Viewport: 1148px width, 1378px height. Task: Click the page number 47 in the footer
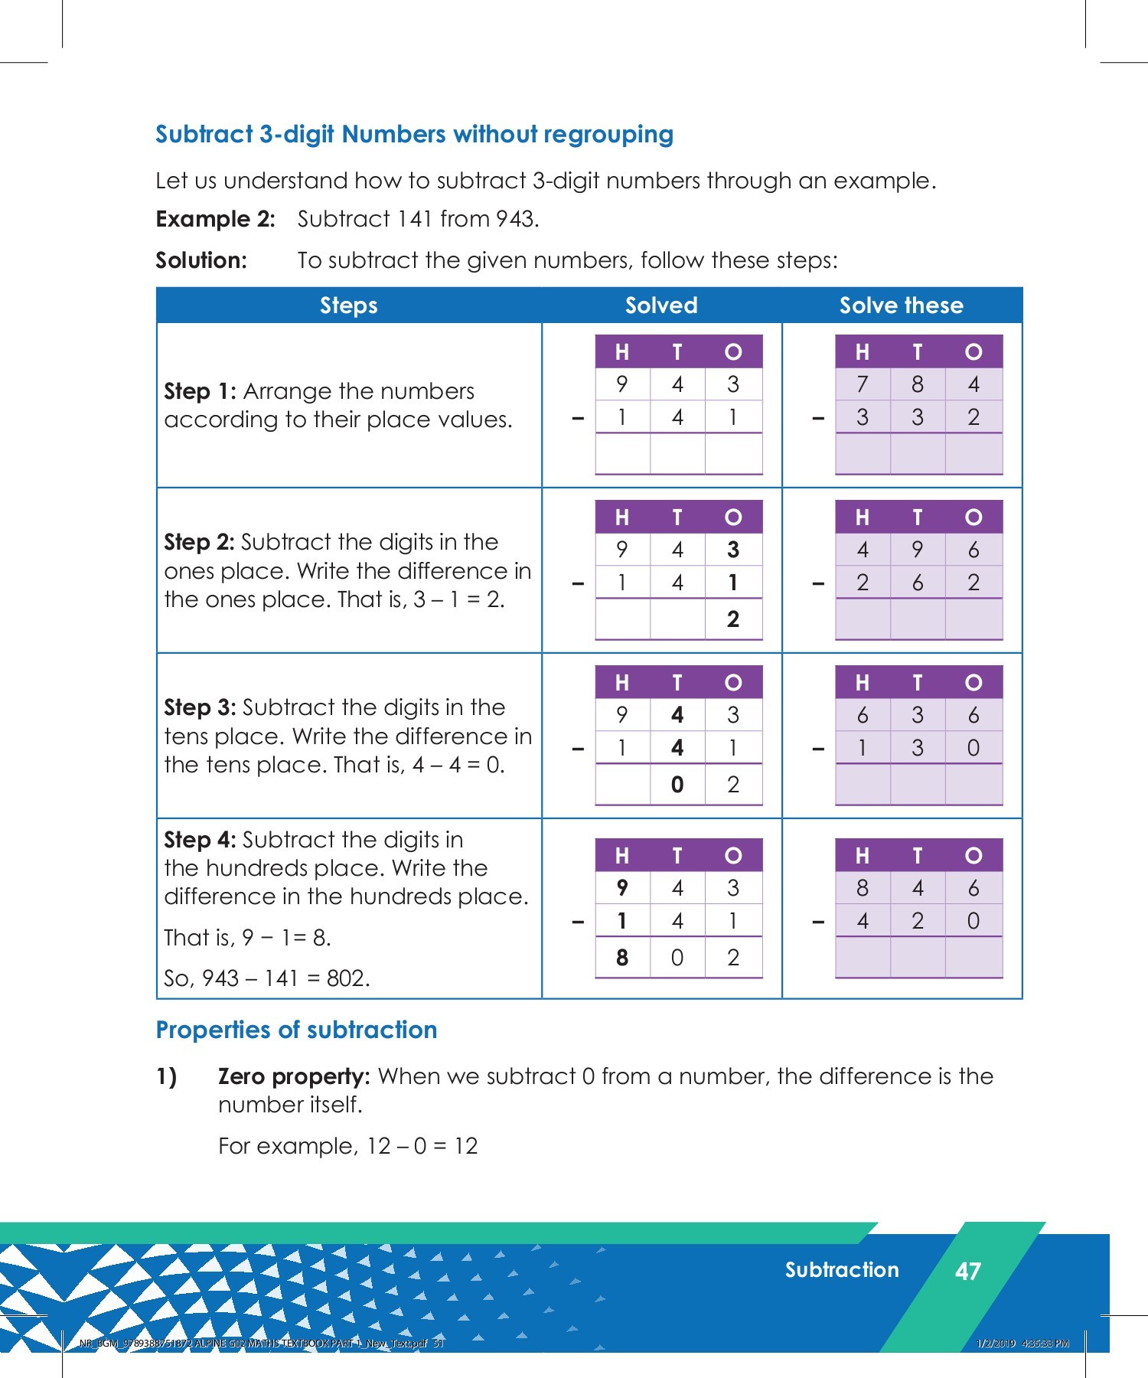click(x=968, y=1271)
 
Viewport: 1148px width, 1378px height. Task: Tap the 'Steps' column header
click(x=348, y=305)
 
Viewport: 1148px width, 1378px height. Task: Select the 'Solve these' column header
click(x=901, y=305)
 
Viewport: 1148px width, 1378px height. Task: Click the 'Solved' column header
click(x=661, y=305)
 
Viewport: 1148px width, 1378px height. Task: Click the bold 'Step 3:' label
click(x=200, y=707)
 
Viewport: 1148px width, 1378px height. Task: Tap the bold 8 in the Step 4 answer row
click(x=622, y=957)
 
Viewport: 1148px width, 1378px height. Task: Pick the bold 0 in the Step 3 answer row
click(x=677, y=784)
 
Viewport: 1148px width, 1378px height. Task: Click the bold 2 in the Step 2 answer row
click(x=733, y=619)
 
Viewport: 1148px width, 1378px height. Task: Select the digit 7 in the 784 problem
click(x=863, y=384)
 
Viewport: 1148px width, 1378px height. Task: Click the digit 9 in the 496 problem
click(x=918, y=550)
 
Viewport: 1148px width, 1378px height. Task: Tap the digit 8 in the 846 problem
click(x=863, y=888)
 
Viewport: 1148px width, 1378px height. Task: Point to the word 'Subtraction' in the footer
click(x=842, y=1270)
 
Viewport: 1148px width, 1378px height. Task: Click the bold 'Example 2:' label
click(x=215, y=219)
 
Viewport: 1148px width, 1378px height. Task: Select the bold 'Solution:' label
click(x=201, y=260)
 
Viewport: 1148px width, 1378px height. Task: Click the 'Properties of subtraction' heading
click(x=296, y=1030)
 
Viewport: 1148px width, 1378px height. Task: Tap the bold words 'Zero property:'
click(x=294, y=1076)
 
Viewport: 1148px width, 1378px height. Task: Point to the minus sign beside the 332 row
click(x=818, y=419)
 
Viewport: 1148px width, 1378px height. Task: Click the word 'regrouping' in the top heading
click(x=609, y=135)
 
